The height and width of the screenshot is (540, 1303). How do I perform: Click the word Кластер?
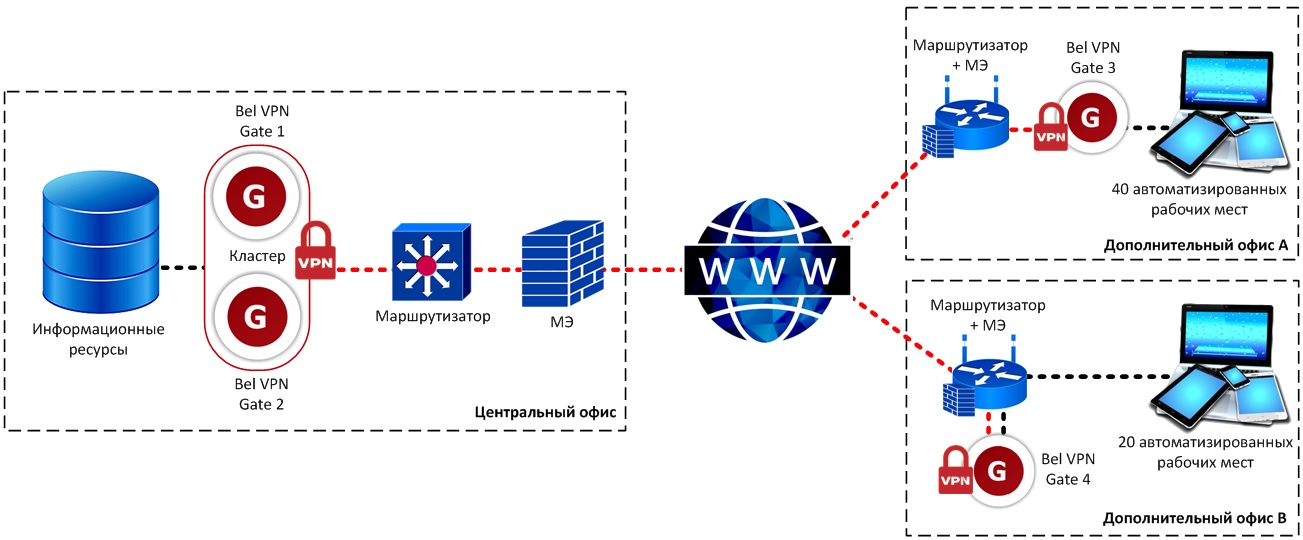[x=255, y=257]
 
